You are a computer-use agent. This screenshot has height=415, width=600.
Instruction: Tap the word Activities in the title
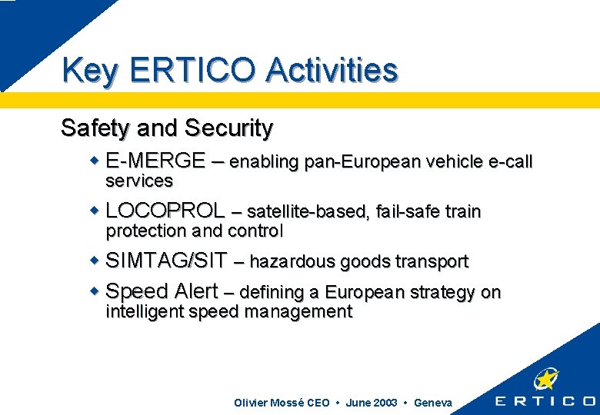[x=332, y=70]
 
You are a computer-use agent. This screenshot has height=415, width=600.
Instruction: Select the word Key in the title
[x=90, y=71]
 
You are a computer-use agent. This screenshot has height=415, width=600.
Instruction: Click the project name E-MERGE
[x=155, y=161]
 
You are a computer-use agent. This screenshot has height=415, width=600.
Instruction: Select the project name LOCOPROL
[x=165, y=211]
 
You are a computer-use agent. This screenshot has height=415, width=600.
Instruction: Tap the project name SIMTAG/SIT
[x=166, y=261]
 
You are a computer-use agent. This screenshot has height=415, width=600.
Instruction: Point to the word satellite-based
[x=306, y=211]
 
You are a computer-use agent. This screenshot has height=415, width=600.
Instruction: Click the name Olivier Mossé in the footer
[x=268, y=403]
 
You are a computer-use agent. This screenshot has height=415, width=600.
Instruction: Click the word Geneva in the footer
[x=433, y=403]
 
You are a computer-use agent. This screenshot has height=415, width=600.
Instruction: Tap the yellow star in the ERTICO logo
[x=547, y=379]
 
